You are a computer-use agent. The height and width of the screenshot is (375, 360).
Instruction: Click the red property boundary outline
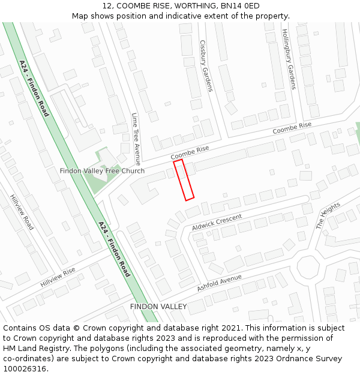184,179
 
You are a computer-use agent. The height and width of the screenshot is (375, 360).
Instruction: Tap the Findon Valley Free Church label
102,171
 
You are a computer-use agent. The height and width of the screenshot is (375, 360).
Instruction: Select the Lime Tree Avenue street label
136,139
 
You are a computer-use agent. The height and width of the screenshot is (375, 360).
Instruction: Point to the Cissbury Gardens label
206,66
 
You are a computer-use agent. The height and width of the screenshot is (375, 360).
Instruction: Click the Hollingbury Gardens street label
289,59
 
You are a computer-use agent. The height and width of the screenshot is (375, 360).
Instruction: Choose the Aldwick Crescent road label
217,222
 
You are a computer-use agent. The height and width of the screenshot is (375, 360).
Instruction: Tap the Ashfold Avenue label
219,283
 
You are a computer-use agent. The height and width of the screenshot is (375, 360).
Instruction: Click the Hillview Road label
22,212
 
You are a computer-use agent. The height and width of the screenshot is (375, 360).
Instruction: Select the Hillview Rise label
58,277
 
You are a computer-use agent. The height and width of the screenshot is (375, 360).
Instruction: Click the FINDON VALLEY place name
158,307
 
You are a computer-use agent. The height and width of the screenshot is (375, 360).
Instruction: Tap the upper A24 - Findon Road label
34,88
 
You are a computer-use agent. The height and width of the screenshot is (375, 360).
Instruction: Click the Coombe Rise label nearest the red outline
190,152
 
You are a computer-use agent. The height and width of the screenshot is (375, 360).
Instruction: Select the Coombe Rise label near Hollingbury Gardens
292,128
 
